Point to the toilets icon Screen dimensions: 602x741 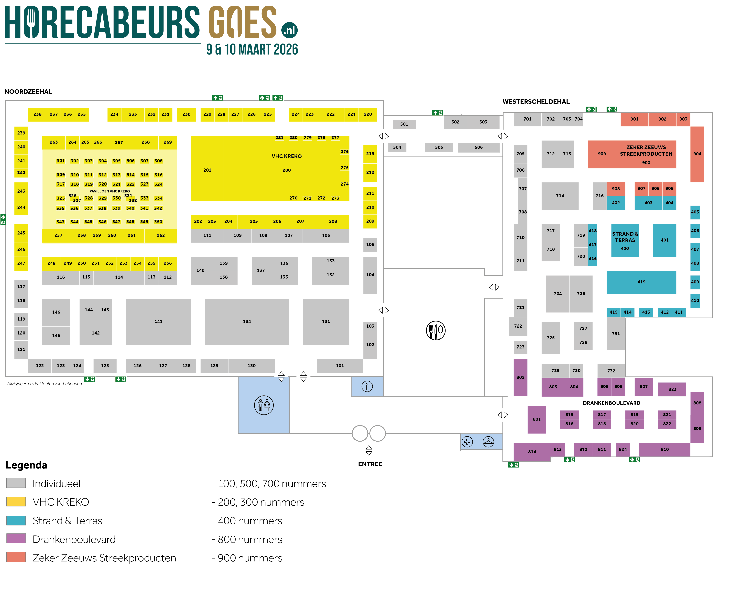pos(264,405)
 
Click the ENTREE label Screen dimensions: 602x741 pos(370,464)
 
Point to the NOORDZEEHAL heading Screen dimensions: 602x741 pos(28,92)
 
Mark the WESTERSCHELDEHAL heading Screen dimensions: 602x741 pos(536,102)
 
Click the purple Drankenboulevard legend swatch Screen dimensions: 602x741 pos(16,539)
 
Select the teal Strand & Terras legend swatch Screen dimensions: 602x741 pos(16,520)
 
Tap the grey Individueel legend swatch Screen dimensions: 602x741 pos(16,483)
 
